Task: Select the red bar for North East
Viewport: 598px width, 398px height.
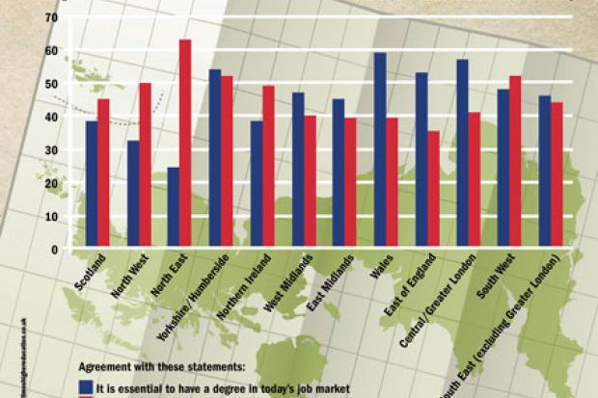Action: [x=185, y=144]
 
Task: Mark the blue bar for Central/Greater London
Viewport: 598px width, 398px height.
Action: [x=462, y=154]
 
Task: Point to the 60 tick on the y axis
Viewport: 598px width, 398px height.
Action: [x=51, y=50]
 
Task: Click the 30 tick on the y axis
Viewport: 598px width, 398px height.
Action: [x=51, y=149]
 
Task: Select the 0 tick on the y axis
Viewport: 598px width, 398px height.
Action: [x=54, y=250]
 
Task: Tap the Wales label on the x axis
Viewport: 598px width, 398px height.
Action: [x=382, y=268]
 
